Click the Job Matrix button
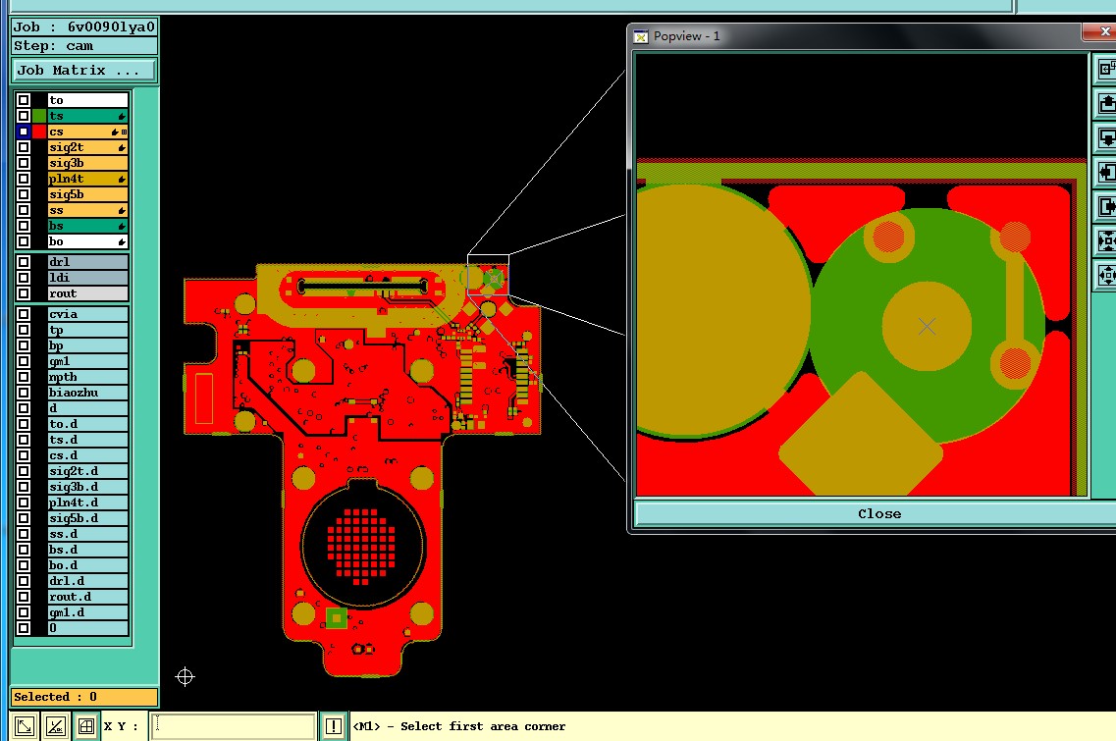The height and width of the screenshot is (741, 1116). [84, 71]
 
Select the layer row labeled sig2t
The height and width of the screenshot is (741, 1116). [87, 147]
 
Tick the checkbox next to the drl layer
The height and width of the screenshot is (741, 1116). [24, 262]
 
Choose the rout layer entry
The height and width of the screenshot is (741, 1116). [87, 293]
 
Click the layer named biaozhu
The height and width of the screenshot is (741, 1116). [87, 393]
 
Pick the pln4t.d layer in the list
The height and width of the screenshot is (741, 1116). [87, 503]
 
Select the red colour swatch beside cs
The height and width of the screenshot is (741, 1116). [39, 132]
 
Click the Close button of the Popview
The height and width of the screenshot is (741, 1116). [879, 514]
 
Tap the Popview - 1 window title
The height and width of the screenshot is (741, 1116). [686, 36]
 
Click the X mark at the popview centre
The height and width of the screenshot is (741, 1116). [927, 326]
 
